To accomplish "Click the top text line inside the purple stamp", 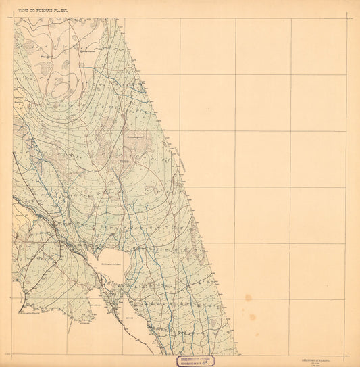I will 193,358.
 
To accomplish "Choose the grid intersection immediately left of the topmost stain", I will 236,299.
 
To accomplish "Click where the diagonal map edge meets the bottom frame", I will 238,355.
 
